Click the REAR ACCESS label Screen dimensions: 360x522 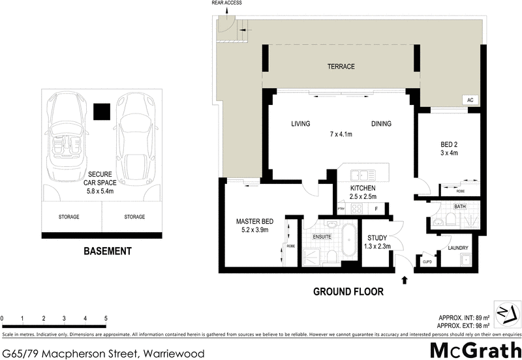click(x=226, y=3)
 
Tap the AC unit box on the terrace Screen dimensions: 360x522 click(x=469, y=100)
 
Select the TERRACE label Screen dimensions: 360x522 click(x=341, y=67)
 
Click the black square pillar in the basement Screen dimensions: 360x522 click(x=101, y=112)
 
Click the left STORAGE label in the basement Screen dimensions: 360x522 click(x=69, y=217)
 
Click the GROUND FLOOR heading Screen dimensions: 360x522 click(x=348, y=291)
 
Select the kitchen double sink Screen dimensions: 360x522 click(x=360, y=175)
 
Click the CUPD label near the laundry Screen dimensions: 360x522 click(x=427, y=262)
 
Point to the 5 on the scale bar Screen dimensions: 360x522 click(x=106, y=318)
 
